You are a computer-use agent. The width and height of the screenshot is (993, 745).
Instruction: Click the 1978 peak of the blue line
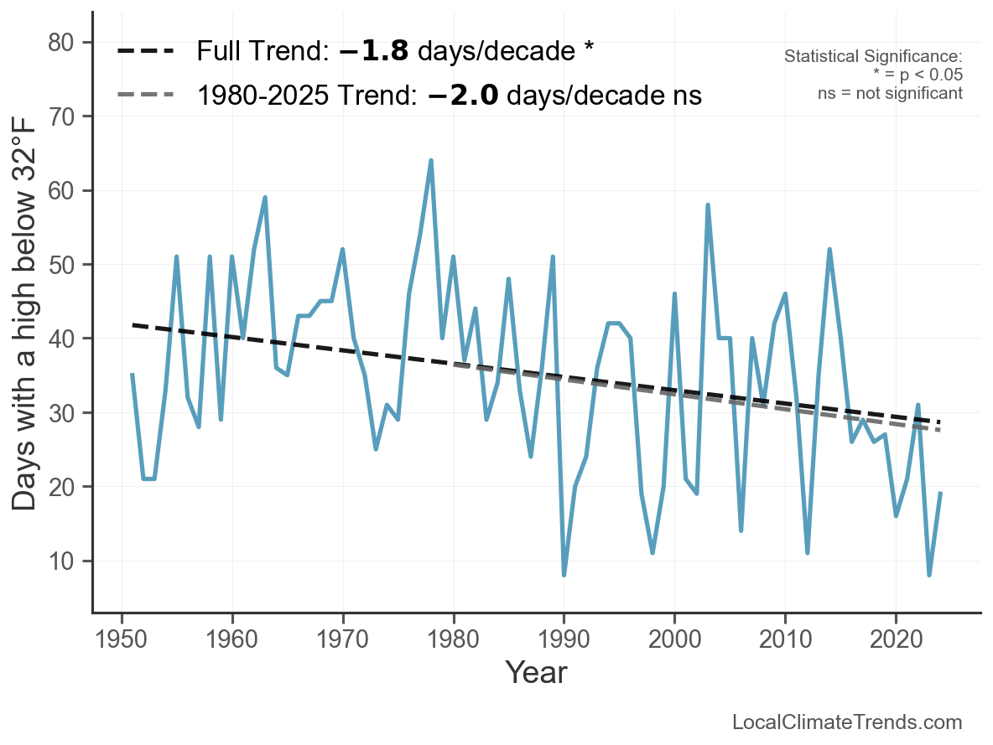click(x=431, y=160)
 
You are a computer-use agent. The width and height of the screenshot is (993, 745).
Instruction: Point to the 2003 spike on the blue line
click(x=708, y=204)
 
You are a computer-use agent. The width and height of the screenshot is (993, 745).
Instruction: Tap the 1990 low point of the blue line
click(x=564, y=575)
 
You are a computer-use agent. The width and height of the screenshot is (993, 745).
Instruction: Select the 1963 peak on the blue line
click(x=265, y=198)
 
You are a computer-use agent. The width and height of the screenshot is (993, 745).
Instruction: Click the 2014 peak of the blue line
click(x=829, y=250)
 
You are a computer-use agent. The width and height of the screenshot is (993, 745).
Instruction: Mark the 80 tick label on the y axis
click(x=61, y=43)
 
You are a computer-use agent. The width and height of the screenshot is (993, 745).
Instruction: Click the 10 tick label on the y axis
click(x=61, y=561)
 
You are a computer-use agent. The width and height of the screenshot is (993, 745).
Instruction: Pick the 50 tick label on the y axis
click(x=61, y=265)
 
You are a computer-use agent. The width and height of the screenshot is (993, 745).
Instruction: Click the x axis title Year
click(x=536, y=672)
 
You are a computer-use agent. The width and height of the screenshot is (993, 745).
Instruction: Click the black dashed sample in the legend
click(x=145, y=51)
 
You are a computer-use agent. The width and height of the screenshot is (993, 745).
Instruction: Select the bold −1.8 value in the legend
click(x=374, y=51)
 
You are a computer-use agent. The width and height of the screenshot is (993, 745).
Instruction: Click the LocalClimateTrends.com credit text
click(x=847, y=722)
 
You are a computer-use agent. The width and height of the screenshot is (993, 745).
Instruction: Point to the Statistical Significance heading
click(x=873, y=57)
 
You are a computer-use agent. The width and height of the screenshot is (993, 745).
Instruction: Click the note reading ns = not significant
click(x=890, y=93)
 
